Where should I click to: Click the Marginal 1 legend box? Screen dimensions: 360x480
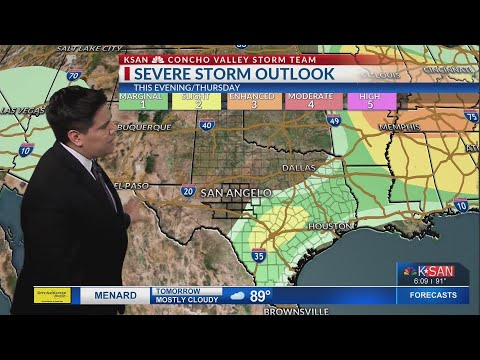[x=142, y=101]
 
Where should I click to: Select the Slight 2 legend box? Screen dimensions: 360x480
[x=196, y=101]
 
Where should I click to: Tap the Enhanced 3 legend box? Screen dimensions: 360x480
[x=254, y=101]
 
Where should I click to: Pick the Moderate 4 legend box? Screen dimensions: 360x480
[x=313, y=101]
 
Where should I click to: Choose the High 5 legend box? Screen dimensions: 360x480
[x=371, y=101]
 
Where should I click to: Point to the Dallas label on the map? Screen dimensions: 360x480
[x=298, y=168]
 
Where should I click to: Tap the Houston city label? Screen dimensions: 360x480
[x=330, y=226]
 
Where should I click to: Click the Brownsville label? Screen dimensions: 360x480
[x=296, y=311]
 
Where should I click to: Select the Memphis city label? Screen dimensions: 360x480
[x=400, y=127]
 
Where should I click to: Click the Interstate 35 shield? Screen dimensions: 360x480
[x=259, y=256]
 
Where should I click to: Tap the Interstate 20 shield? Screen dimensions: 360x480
[x=188, y=190]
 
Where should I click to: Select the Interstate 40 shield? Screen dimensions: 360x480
[x=206, y=125]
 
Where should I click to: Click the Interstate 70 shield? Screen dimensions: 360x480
[x=73, y=76]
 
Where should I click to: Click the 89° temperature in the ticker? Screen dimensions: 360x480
[x=260, y=296]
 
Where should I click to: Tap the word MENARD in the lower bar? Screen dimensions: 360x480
[x=115, y=296]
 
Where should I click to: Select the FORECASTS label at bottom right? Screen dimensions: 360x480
[x=433, y=296]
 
